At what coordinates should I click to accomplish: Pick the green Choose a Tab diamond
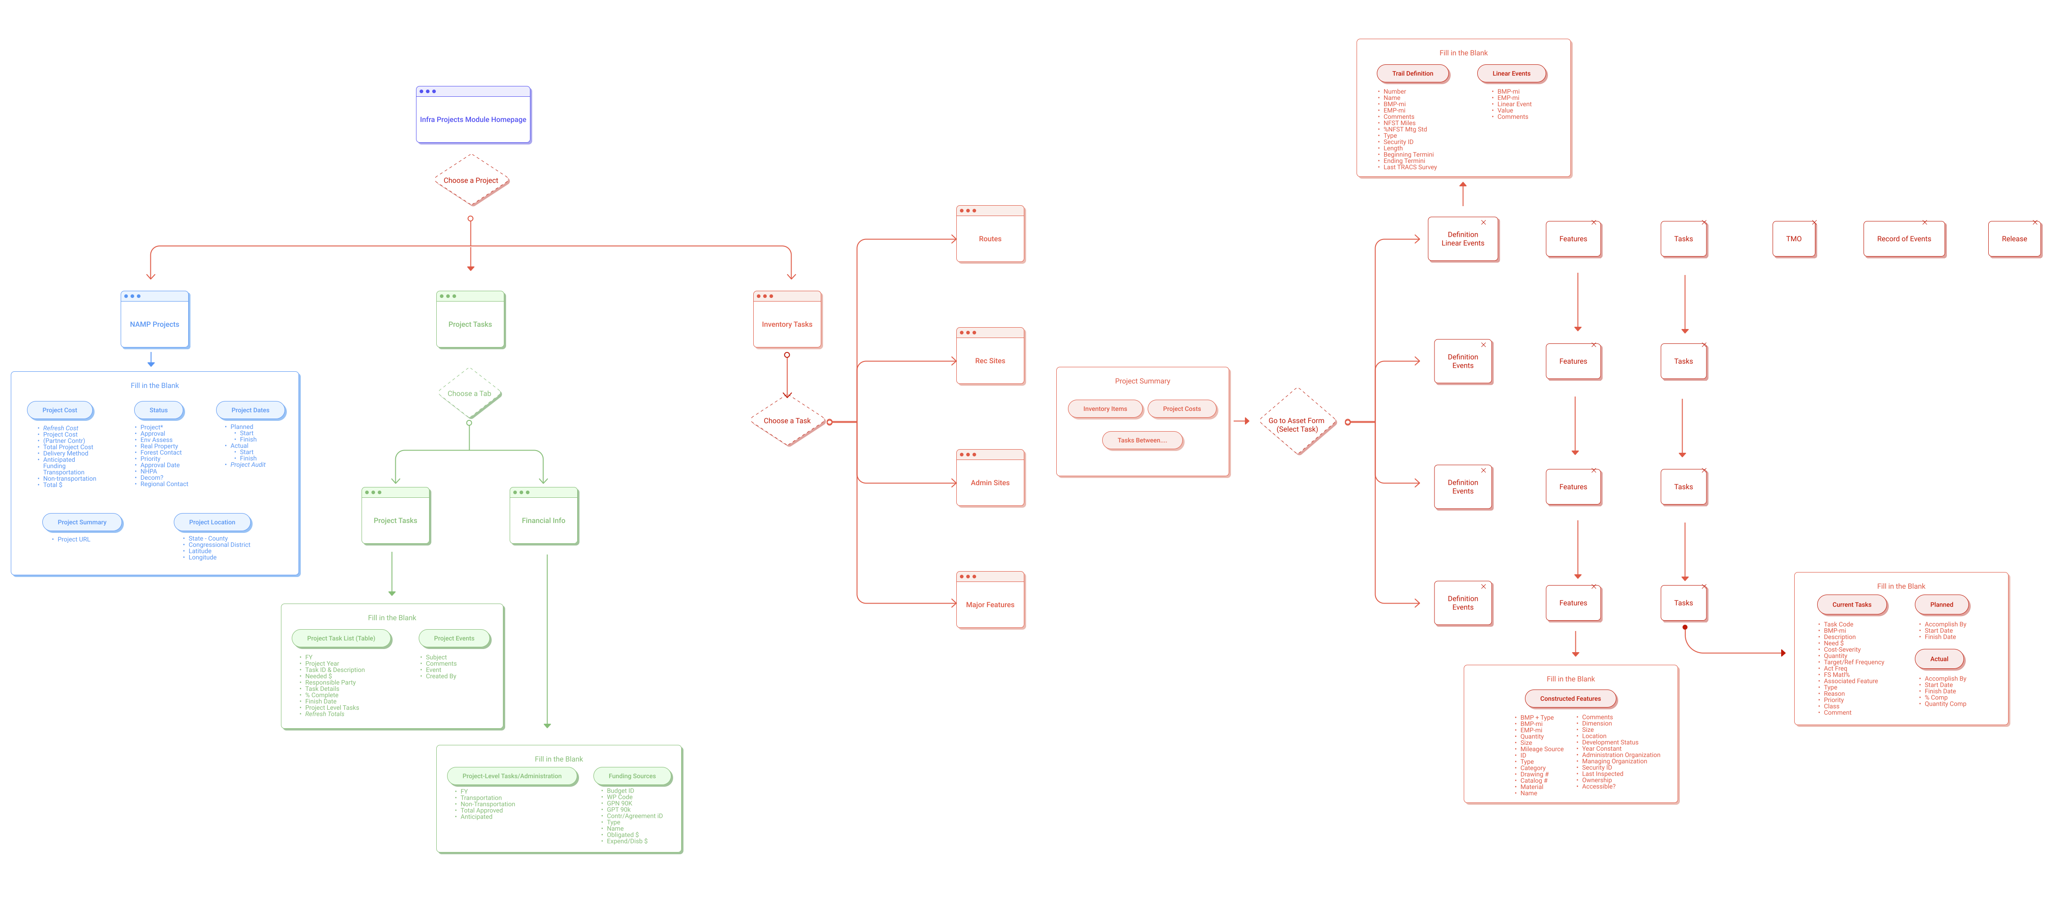(x=470, y=393)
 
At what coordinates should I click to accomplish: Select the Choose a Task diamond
(x=787, y=421)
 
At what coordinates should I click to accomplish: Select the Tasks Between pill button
(x=1142, y=440)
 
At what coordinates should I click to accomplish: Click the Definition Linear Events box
(x=1463, y=239)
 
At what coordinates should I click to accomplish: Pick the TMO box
(x=1794, y=239)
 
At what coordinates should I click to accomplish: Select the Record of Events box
(x=1904, y=239)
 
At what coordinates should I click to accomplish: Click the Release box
(x=2014, y=239)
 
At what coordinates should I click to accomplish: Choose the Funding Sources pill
(x=632, y=776)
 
